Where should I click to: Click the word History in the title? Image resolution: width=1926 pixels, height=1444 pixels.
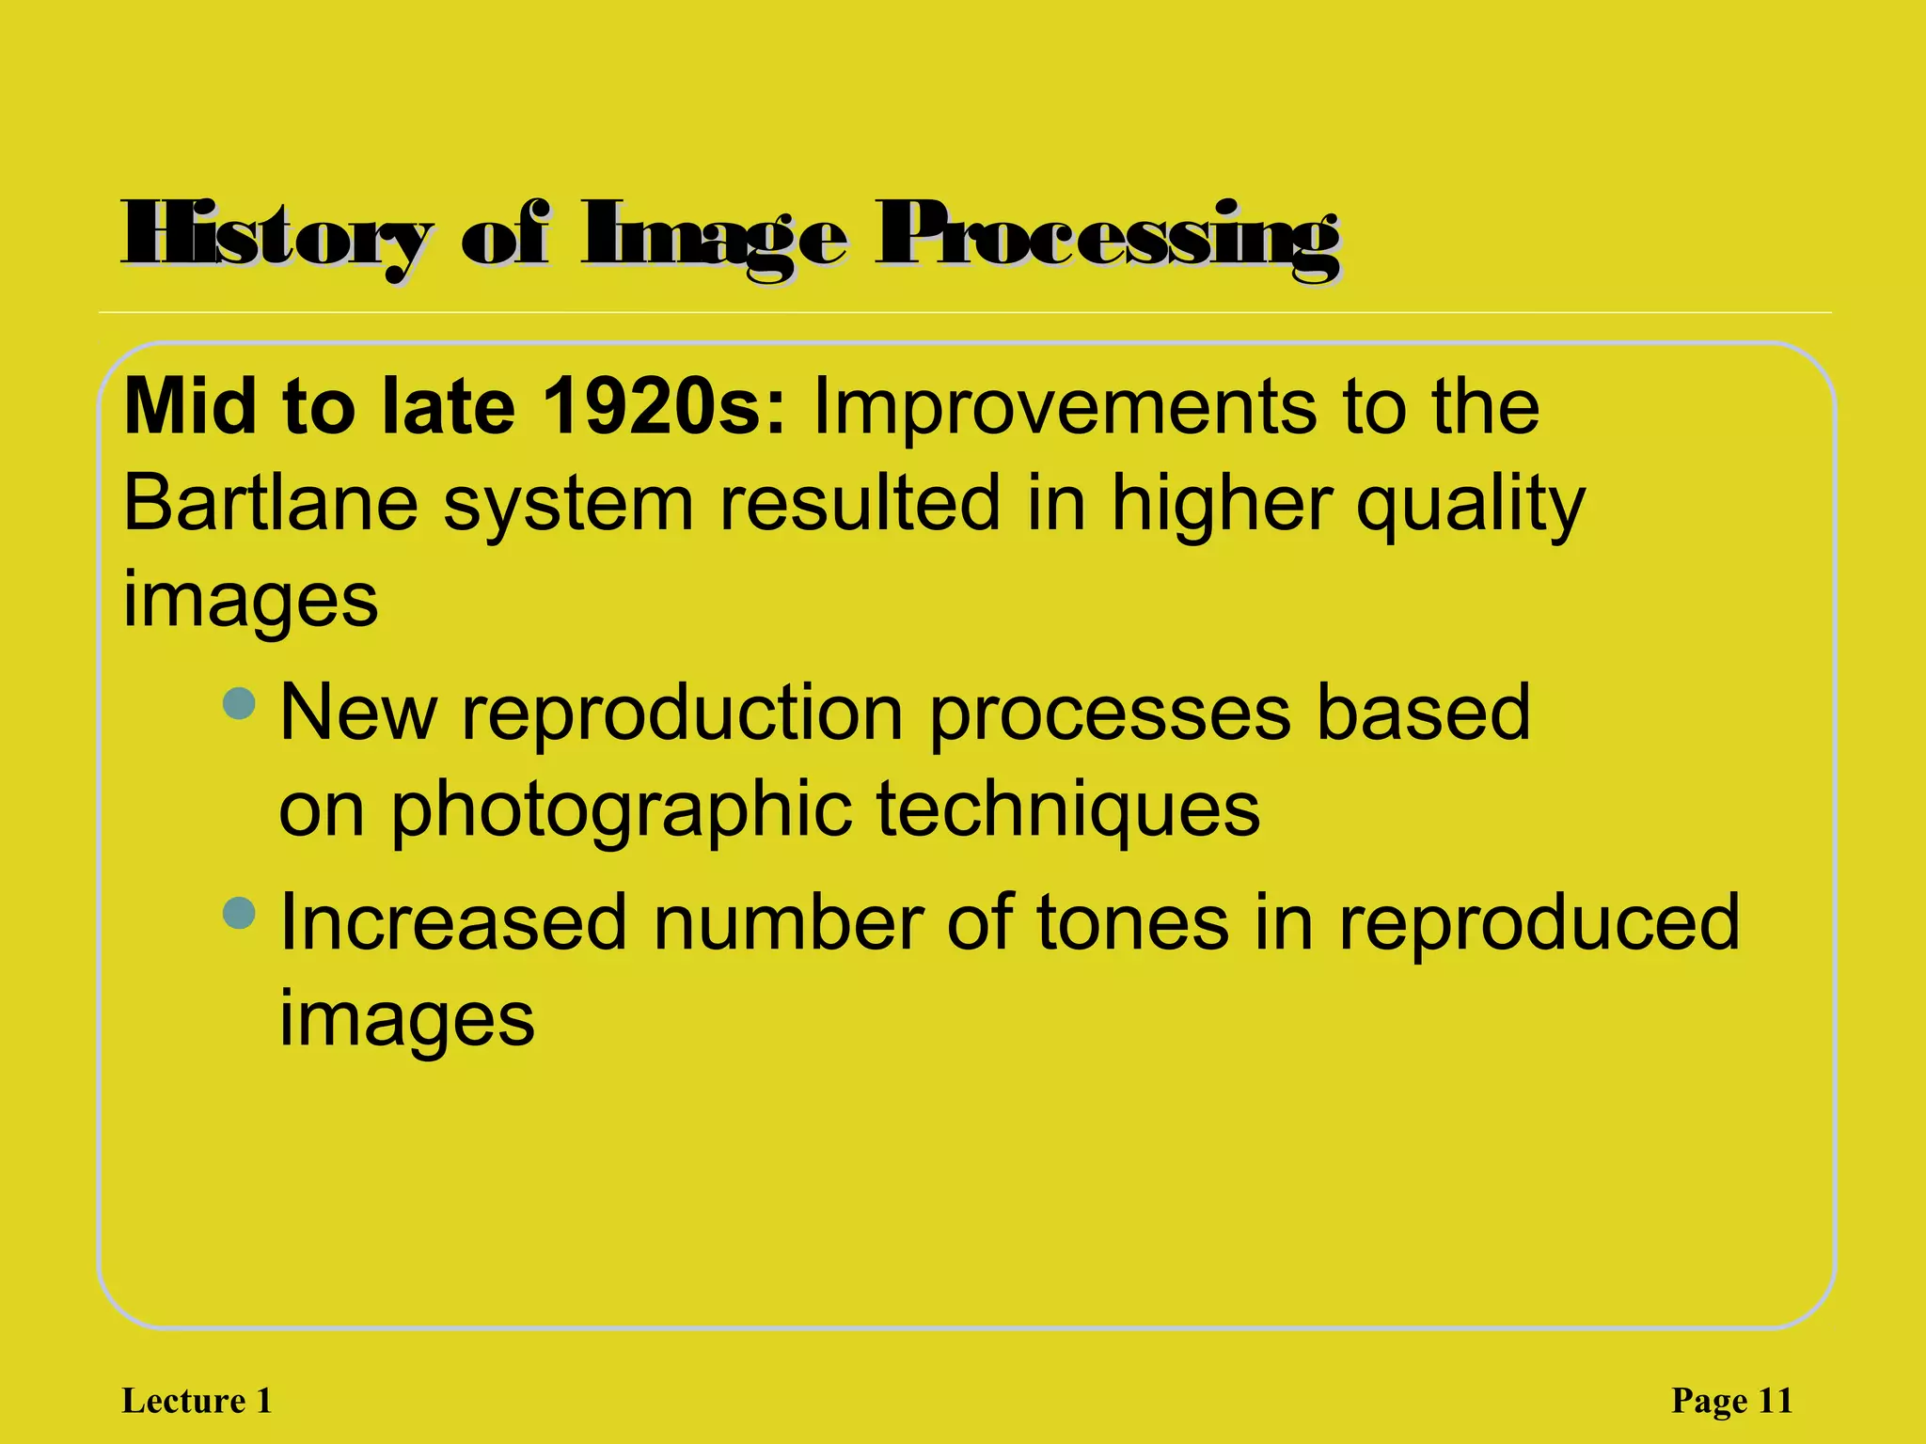[x=277, y=235]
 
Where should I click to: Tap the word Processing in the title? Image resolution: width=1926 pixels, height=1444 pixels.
[x=1107, y=235]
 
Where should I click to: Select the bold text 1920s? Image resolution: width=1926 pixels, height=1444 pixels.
[x=664, y=407]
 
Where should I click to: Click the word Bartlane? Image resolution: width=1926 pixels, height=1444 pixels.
[x=271, y=503]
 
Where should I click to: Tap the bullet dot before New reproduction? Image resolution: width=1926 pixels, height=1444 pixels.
[x=240, y=703]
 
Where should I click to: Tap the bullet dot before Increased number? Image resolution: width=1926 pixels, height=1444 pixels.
[x=240, y=913]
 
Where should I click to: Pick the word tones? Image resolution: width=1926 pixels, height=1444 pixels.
[x=1132, y=923]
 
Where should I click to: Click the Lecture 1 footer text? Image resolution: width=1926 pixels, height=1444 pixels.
[x=197, y=1401]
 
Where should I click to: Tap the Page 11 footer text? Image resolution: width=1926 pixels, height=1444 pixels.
[x=1731, y=1401]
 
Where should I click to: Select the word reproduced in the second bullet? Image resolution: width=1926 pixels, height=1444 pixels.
[x=1539, y=923]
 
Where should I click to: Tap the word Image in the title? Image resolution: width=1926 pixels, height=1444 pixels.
[x=714, y=235]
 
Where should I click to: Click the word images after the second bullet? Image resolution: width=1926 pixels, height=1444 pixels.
[x=407, y=1021]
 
